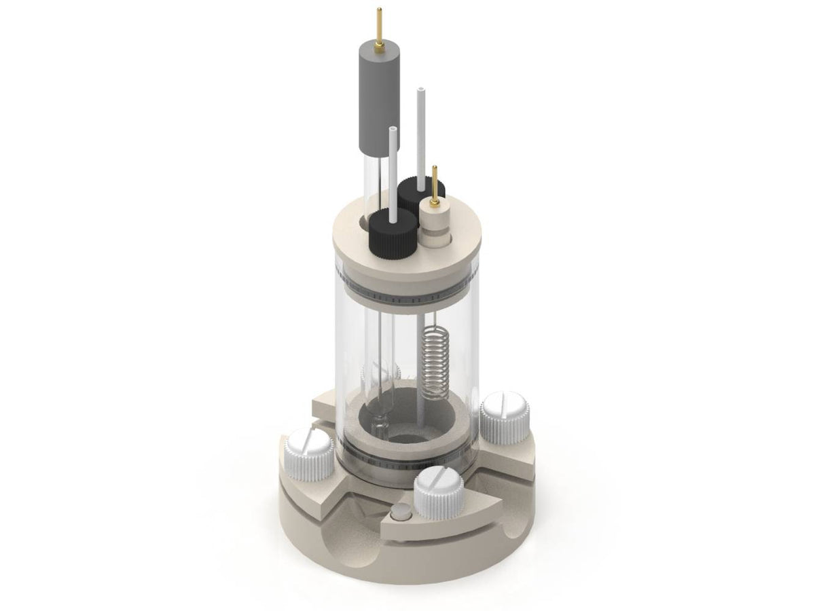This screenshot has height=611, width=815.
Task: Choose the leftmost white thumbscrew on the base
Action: point(309,452)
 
